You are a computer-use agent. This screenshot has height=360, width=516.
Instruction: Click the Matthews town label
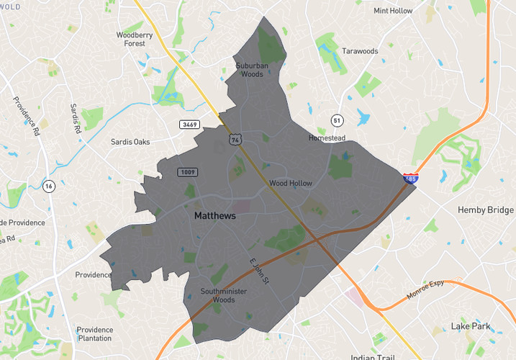(214, 215)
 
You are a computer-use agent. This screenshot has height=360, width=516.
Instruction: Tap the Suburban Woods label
(250, 69)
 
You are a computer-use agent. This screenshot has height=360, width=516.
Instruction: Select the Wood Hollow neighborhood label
(291, 184)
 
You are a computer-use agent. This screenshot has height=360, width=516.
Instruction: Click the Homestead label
(327, 138)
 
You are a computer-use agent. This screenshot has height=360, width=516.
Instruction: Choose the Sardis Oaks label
(130, 142)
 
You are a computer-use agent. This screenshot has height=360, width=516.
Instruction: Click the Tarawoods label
(360, 52)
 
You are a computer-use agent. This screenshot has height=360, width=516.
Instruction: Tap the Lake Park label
(471, 326)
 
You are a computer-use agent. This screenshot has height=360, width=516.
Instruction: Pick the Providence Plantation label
(94, 334)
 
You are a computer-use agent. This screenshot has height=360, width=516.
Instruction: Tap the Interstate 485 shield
(409, 178)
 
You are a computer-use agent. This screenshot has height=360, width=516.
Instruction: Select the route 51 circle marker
(336, 120)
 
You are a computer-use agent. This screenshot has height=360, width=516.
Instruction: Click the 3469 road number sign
(189, 125)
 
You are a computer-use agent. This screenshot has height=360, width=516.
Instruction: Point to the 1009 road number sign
(188, 172)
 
